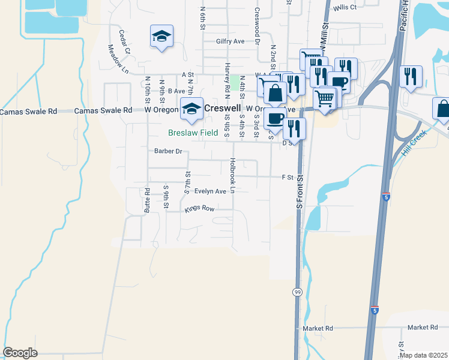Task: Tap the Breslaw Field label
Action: click(192, 133)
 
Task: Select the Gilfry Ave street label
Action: click(231, 42)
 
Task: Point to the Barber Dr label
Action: click(168, 151)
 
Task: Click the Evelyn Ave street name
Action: click(210, 191)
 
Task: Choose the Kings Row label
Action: click(199, 209)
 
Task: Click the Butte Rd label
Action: click(146, 200)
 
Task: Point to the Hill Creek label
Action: click(414, 143)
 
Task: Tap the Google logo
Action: click(20, 352)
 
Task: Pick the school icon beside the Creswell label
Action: click(191, 109)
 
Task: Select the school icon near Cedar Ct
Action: click(161, 37)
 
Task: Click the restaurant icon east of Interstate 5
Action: click(411, 77)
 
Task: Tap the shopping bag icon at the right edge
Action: click(443, 109)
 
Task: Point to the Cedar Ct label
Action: click(124, 42)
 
